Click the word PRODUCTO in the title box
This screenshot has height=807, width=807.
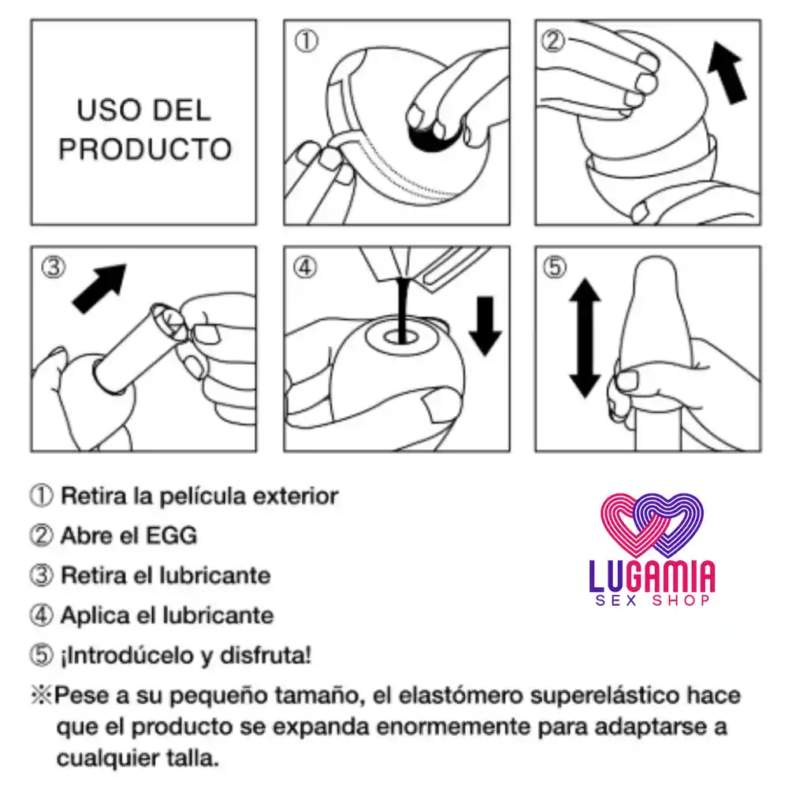pos(145,149)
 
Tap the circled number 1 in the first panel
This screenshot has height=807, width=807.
pos(307,41)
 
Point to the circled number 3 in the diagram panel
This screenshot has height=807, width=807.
pos(52,268)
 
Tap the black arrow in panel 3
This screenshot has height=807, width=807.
pos(99,288)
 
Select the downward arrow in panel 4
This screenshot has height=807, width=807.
pos(485,325)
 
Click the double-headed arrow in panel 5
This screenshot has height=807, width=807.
pos(584,337)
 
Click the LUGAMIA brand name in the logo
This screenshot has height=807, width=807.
pos(652,577)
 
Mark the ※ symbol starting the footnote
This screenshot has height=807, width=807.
pos(40,696)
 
